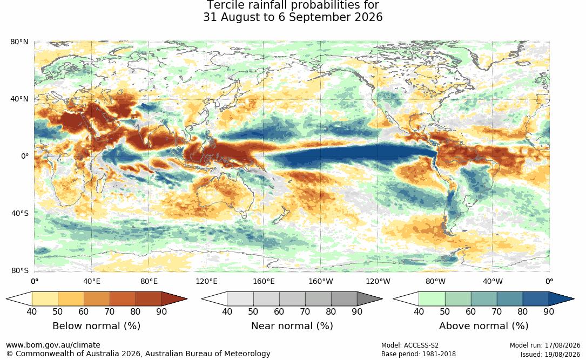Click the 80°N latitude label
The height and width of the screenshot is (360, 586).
click(x=19, y=42)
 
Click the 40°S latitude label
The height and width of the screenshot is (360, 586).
click(x=20, y=214)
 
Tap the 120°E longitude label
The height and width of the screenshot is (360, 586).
click(x=206, y=281)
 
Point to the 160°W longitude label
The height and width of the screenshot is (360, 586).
click(x=321, y=281)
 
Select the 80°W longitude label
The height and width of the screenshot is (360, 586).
click(x=435, y=281)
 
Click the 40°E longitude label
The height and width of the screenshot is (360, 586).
click(x=92, y=281)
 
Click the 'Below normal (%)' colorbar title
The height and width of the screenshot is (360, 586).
click(x=97, y=326)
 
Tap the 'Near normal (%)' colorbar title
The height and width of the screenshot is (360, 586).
click(x=292, y=326)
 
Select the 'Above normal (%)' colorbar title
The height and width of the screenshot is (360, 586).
click(x=483, y=326)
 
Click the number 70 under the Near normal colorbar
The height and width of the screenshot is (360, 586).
click(x=305, y=311)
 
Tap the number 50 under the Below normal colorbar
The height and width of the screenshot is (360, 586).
click(x=58, y=311)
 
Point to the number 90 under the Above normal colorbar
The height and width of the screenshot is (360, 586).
click(x=549, y=311)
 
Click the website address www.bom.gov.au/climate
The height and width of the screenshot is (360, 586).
click(x=53, y=345)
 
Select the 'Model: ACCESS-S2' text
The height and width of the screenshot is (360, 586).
click(x=410, y=345)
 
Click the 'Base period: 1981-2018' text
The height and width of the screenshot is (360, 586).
click(x=419, y=354)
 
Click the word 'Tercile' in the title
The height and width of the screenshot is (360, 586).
click(x=223, y=5)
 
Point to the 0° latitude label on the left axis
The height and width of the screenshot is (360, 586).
click(x=25, y=156)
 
